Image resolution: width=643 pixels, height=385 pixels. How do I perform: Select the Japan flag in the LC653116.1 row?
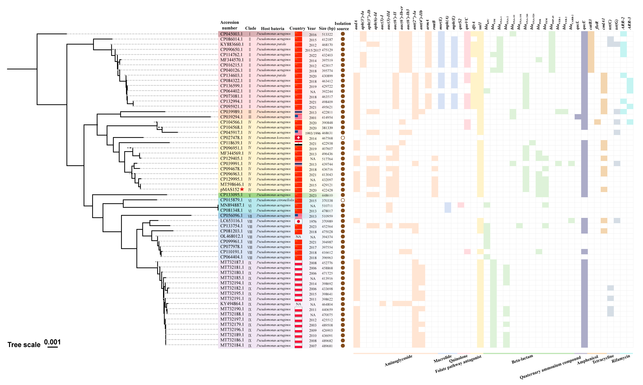(298, 221)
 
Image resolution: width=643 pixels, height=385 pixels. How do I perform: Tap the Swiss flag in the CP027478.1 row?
(298, 138)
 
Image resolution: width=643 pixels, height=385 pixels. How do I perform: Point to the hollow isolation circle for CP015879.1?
(343, 200)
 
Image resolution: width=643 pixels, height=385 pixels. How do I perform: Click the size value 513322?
(327, 34)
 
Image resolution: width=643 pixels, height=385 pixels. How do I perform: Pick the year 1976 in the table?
(313, 221)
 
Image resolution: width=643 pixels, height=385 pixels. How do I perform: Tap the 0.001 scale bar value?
(52, 342)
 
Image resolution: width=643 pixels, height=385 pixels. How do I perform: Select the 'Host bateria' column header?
(272, 29)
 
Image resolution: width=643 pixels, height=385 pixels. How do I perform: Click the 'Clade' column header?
(251, 28)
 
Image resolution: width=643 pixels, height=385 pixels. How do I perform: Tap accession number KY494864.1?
(232, 304)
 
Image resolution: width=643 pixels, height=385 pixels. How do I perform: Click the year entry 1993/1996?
(313, 133)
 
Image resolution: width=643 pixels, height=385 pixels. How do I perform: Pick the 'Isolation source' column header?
(343, 26)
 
